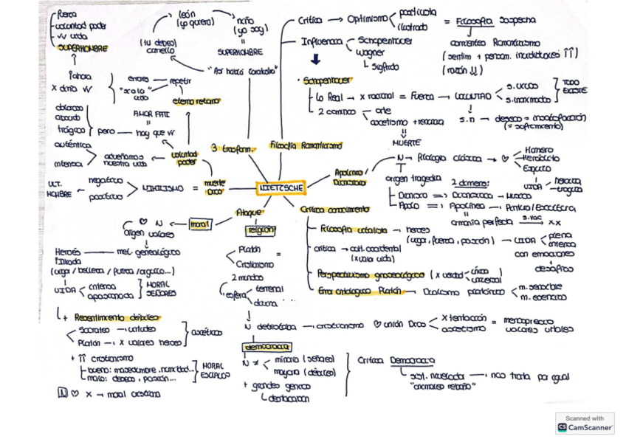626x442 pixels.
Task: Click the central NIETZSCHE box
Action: [281, 188]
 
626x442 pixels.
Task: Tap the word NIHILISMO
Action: [163, 189]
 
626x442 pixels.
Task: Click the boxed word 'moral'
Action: [199, 223]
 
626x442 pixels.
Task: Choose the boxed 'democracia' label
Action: [266, 347]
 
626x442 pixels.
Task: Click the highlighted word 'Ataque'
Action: [244, 213]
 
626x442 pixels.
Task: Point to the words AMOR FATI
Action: [145, 114]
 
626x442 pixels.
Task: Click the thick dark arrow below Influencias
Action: [315, 60]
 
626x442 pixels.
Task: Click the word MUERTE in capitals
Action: [406, 142]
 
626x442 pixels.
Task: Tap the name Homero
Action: [543, 149]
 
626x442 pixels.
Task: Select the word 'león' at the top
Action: [186, 14]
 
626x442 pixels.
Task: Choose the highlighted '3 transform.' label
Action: [232, 148]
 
